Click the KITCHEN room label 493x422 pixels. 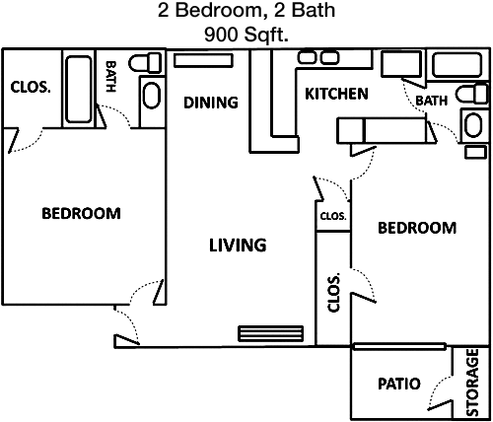tap(336, 94)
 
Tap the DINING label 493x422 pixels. tap(211, 103)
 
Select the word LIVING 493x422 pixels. tap(238, 246)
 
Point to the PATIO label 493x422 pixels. tap(399, 384)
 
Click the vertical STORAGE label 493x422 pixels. tap(472, 383)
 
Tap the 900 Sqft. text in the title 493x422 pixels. tap(246, 35)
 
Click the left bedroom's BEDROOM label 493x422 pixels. tap(81, 213)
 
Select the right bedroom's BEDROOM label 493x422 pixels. tap(417, 228)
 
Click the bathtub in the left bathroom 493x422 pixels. tap(79, 89)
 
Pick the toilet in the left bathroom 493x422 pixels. tap(145, 63)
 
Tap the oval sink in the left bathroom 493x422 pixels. tap(152, 96)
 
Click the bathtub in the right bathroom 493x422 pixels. tap(457, 65)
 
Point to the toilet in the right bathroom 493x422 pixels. tap(472, 94)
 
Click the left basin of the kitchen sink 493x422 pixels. tap(307, 58)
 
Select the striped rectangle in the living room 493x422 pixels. tap(270, 333)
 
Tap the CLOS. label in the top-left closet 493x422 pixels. tap(31, 87)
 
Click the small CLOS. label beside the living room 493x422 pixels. tap(333, 216)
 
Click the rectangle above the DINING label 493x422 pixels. tap(203, 60)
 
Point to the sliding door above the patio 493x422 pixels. tap(399, 346)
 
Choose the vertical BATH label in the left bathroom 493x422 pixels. tap(110, 76)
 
